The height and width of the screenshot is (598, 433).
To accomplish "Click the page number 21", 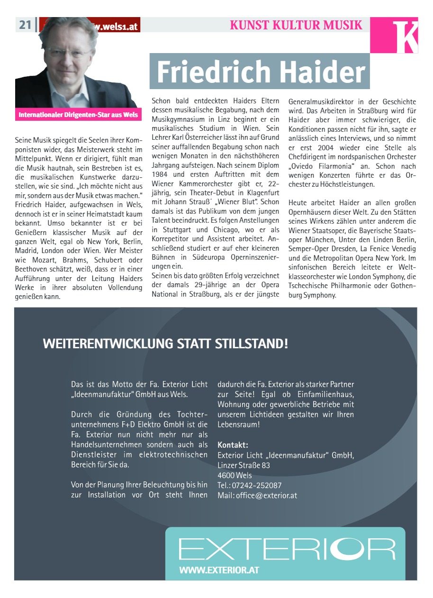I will tap(25, 25).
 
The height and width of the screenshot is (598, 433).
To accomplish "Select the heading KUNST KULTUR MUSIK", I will tap(296, 25).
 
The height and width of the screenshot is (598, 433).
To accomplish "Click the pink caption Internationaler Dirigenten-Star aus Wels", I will tap(78, 115).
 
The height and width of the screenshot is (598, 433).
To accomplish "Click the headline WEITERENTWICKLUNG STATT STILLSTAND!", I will tap(165, 344).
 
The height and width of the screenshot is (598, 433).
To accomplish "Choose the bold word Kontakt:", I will tap(233, 445).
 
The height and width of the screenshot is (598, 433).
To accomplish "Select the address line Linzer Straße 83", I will tap(244, 465).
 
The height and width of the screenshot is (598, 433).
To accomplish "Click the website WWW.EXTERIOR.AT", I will tap(219, 570).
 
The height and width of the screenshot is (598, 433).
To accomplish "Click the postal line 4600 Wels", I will tap(235, 475).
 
